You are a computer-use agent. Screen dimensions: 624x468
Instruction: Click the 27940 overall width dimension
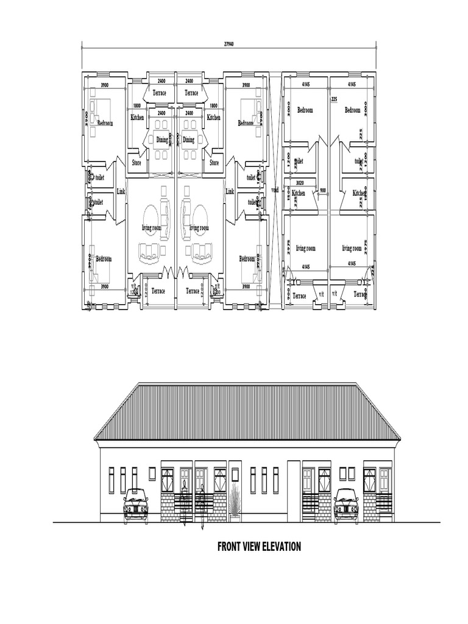tap(229, 44)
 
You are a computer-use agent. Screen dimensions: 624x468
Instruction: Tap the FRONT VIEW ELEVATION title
tap(259, 547)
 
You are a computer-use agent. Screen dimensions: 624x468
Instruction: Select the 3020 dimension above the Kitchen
tap(299, 182)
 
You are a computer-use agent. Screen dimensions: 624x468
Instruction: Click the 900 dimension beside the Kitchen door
tap(322, 190)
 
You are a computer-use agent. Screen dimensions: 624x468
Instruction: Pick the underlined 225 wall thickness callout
tap(334, 99)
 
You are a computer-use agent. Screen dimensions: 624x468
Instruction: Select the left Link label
tap(121, 192)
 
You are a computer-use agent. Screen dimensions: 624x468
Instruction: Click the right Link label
tap(230, 192)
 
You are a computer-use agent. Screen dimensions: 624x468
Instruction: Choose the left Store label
tap(137, 163)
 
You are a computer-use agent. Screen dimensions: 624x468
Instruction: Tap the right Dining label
tap(189, 140)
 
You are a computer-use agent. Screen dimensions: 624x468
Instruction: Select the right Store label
tap(214, 163)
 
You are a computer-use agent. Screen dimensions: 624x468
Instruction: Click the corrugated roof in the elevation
tap(247, 411)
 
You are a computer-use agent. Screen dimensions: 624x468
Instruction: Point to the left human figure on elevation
tap(183, 497)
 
